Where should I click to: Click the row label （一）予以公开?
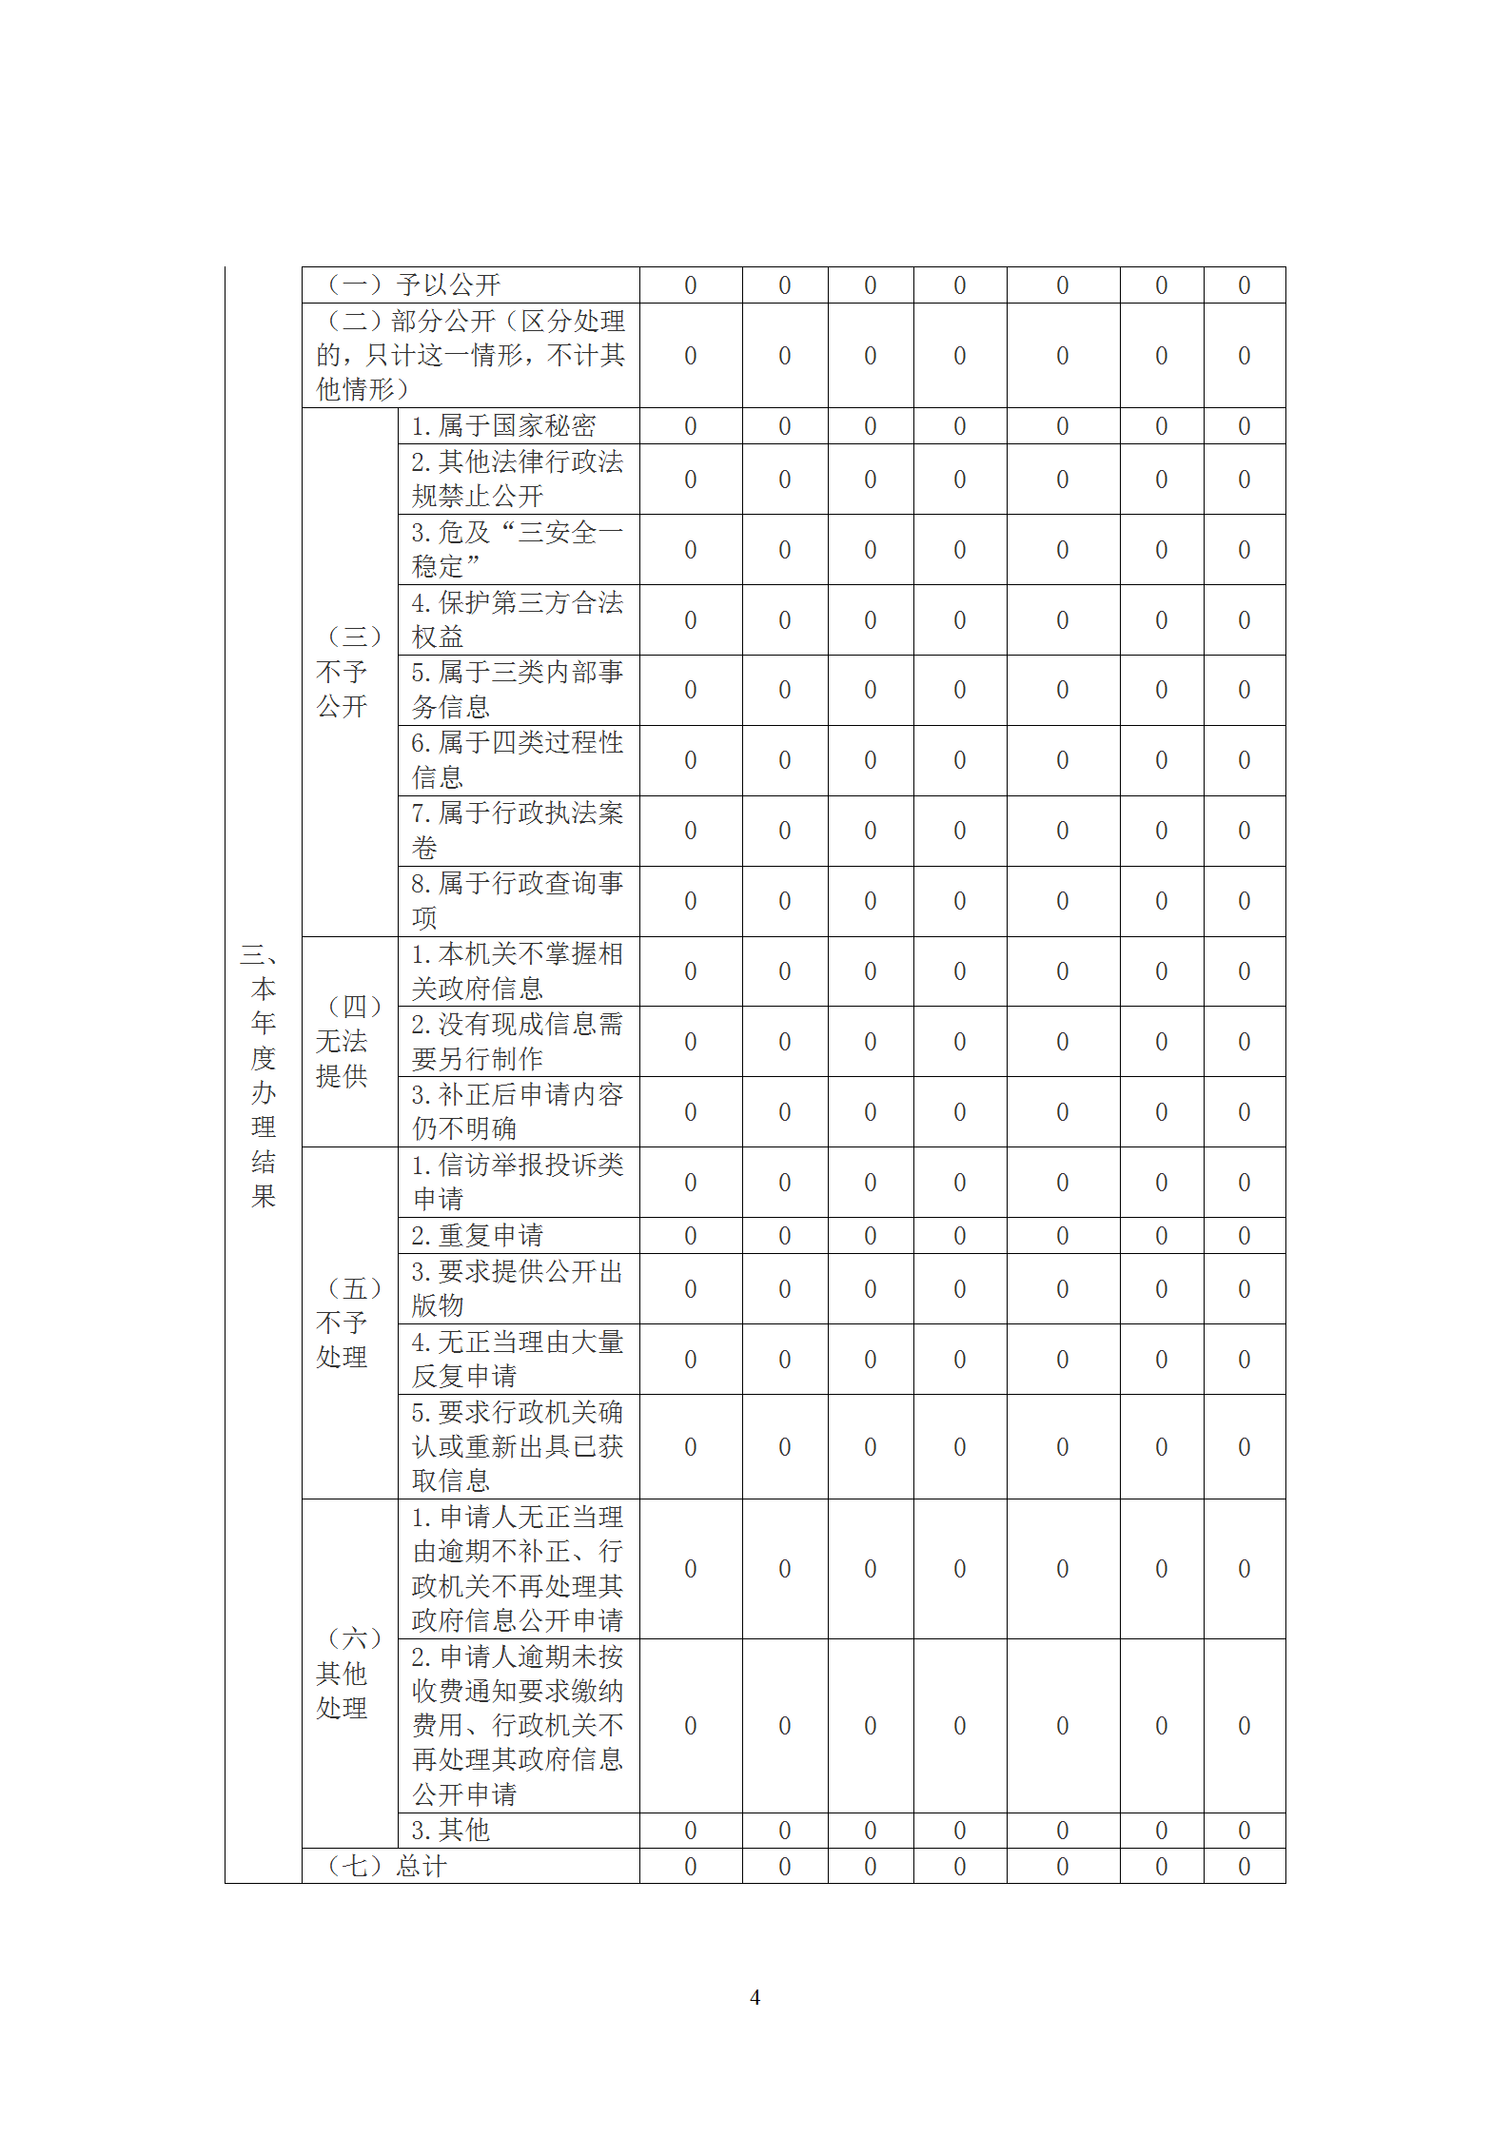(414, 284)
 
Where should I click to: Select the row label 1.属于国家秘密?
(503, 425)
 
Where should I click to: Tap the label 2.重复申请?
(477, 1235)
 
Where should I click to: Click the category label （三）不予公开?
(348, 672)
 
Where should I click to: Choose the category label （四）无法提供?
(348, 1041)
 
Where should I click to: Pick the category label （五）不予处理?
(348, 1323)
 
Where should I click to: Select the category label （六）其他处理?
(348, 1673)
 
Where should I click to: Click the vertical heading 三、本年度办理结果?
(263, 1075)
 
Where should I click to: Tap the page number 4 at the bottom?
(755, 1997)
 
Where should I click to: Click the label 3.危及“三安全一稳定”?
(517, 549)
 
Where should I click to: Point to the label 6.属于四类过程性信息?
(517, 759)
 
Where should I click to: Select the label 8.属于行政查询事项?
(517, 900)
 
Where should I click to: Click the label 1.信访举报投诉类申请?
(517, 1182)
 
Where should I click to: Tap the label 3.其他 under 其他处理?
(450, 1830)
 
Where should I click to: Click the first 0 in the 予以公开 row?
(691, 285)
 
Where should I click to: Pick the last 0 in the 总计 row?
(1244, 1867)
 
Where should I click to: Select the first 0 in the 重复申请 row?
(691, 1236)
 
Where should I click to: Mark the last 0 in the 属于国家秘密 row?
(1244, 426)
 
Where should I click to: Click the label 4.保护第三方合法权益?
(517, 619)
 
